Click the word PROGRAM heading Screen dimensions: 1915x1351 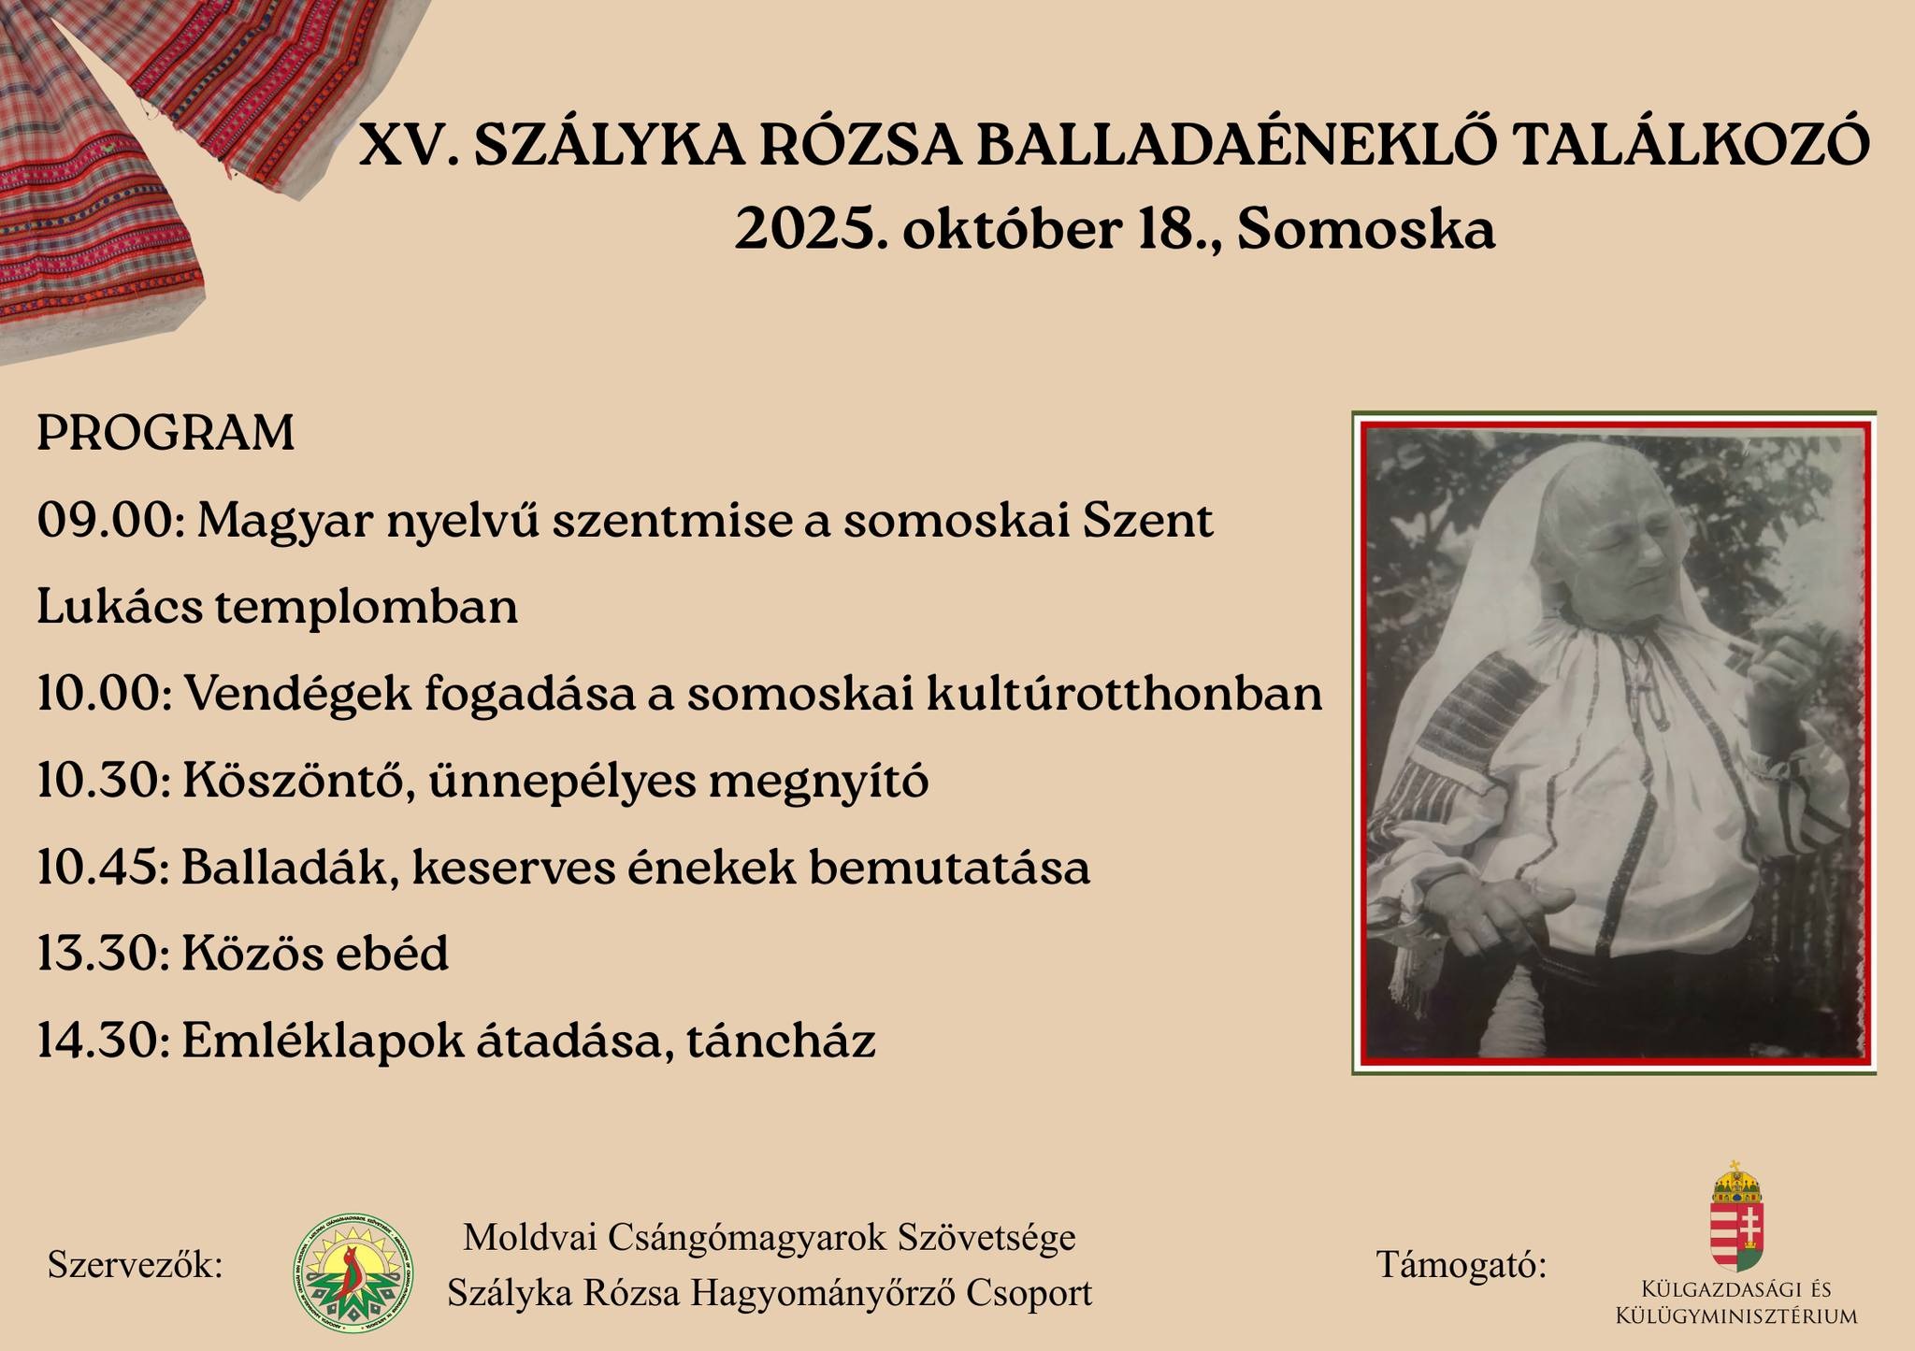click(x=166, y=434)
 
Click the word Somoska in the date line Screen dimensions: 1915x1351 click(x=1366, y=230)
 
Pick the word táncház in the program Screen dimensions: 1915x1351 click(x=781, y=1042)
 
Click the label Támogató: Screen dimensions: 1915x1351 click(x=1461, y=1266)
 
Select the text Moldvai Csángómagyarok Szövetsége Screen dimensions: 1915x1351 click(x=770, y=1238)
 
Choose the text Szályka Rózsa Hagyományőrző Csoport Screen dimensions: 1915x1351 click(x=770, y=1294)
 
